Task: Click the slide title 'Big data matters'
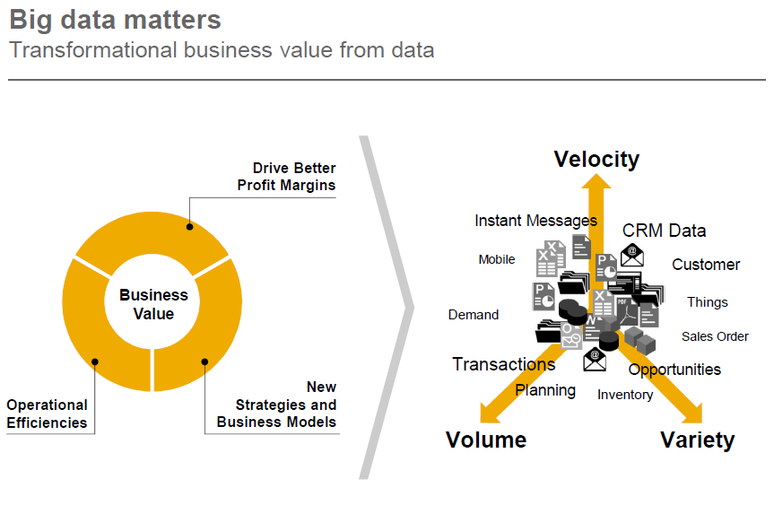tap(115, 21)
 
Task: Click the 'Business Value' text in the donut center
tap(153, 304)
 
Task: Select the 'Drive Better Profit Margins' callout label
tap(286, 177)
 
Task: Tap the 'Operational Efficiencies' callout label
tap(47, 414)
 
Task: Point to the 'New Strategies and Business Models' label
tap(276, 405)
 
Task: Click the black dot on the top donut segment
tap(189, 227)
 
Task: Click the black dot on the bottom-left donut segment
tap(95, 362)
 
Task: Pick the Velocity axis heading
tap(596, 160)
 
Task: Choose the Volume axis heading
tap(486, 440)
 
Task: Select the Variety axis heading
tap(698, 440)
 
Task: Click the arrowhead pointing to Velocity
tap(596, 181)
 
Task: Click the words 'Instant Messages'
tap(535, 221)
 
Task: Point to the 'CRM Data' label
tap(664, 231)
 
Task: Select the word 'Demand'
tap(474, 315)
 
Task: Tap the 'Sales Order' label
tap(715, 336)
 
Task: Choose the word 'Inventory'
tap(625, 395)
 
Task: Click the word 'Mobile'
tap(497, 259)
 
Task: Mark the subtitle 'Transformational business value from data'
tap(222, 50)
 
